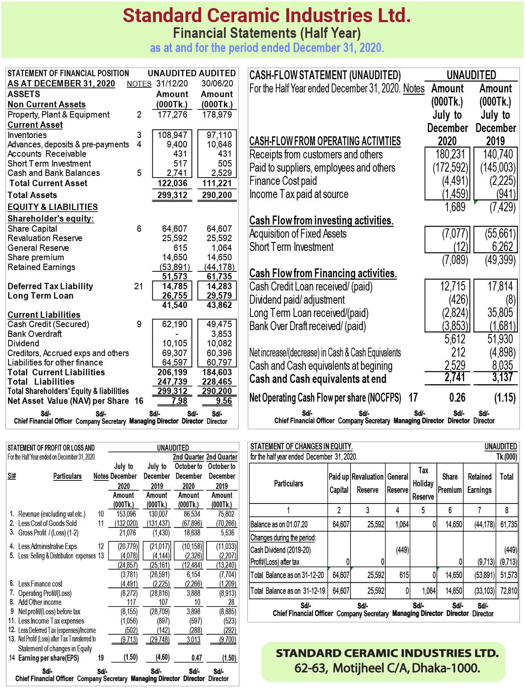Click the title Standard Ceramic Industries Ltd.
point(267,16)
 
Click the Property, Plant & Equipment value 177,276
point(172,115)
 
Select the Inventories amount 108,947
point(172,135)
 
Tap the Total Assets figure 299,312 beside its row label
point(172,195)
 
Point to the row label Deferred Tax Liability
point(50,286)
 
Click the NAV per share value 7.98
point(179,401)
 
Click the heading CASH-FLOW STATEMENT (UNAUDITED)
point(325,75)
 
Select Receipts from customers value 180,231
point(450,154)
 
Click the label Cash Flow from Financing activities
point(323,273)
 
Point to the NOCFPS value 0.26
point(457,398)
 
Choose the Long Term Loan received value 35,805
point(500,313)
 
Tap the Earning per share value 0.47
point(196,658)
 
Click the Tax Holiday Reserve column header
point(423,483)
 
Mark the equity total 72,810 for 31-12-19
point(508,591)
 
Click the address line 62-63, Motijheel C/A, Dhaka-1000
point(387,668)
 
